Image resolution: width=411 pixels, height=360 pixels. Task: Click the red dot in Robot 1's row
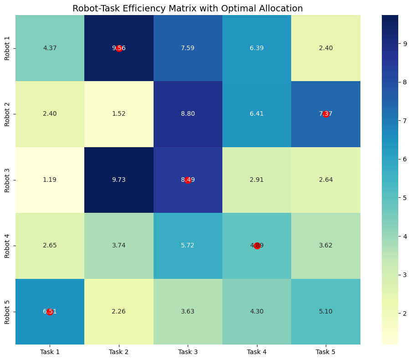click(119, 48)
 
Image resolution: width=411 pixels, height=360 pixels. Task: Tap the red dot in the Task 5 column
click(326, 114)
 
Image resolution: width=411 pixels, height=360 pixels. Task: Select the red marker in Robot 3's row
click(188, 180)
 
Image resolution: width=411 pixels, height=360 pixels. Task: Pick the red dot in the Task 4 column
click(257, 246)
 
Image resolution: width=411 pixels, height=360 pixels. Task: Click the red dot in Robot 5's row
click(50, 312)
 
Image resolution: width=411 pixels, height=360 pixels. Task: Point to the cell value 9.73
click(118, 180)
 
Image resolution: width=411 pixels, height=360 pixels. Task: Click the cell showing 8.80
click(188, 114)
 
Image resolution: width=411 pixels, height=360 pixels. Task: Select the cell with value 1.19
click(50, 180)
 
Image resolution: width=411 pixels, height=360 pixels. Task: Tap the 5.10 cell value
click(326, 312)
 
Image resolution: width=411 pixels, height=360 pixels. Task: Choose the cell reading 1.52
click(118, 114)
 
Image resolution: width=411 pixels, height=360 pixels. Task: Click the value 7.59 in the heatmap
click(188, 48)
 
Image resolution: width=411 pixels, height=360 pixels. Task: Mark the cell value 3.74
click(118, 246)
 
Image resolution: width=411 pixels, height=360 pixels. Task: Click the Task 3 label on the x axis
click(188, 352)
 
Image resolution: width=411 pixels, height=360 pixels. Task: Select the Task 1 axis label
click(50, 352)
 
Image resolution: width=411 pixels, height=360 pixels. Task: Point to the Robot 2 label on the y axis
click(8, 114)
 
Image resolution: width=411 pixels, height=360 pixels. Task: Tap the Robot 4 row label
click(8, 246)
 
